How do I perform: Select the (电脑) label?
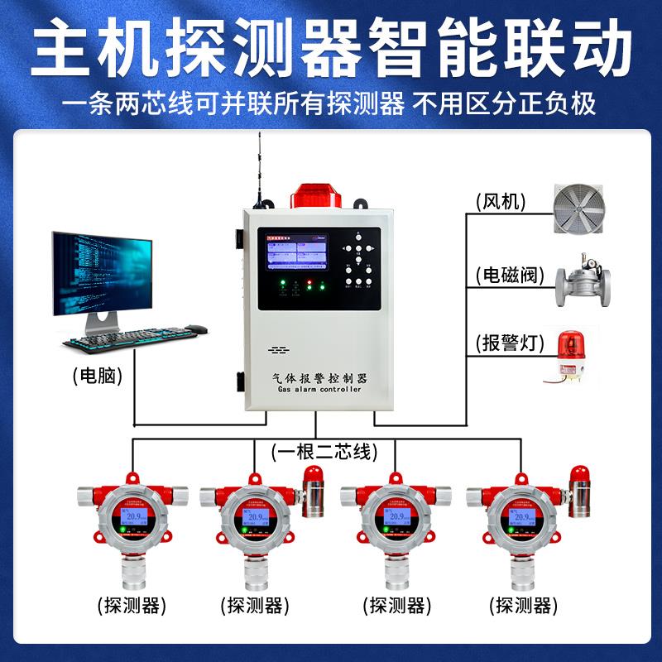pyautogui.click(x=98, y=377)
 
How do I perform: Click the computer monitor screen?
pyautogui.click(x=103, y=272)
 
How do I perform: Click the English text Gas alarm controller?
pyautogui.click(x=319, y=390)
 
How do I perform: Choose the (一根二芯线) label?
pyautogui.click(x=324, y=452)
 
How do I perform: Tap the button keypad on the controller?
pyautogui.click(x=360, y=263)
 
